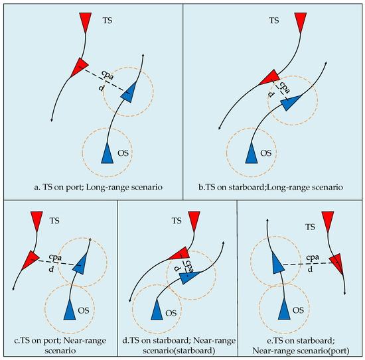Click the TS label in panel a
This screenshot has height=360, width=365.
coord(108,21)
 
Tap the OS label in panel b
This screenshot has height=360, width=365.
coord(266,153)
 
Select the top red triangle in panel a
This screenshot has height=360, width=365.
coord(86,23)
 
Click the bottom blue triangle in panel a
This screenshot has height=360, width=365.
coord(107,154)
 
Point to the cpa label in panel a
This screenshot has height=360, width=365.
coord(108,75)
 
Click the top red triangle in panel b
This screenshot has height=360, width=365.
coord(301,23)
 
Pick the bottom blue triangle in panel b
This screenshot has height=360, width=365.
coord(252,154)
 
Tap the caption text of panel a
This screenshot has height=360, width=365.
coord(98,187)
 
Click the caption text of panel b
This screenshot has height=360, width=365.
coord(271,187)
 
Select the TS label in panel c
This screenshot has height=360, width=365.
coord(54,221)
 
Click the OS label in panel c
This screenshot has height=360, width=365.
coord(84,310)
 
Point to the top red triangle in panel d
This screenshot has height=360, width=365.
coord(194,221)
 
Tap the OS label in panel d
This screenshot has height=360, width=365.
coord(171,313)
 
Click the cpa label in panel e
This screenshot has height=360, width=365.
coord(313,258)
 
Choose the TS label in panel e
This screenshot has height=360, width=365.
coord(310,227)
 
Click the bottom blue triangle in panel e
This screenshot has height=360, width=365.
coord(284,309)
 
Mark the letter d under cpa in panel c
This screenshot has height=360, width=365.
coord(51,269)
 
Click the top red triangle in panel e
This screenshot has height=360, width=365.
coord(328,221)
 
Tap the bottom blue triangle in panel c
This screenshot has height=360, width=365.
coord(70,310)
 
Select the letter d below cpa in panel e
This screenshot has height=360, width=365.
coord(310,269)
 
